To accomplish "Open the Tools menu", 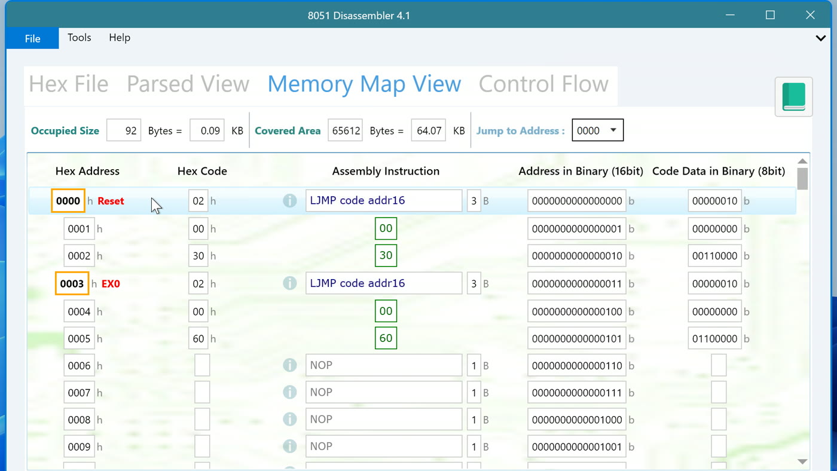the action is coord(79,38).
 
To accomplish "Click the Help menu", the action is coord(120,38).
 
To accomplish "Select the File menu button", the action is coord(32,38).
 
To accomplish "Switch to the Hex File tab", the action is coord(69,84).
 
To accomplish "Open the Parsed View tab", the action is coord(188,84).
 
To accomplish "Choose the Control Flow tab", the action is coord(543,84).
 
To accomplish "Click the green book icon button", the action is coord(794,97).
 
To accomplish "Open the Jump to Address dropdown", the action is coord(597,130).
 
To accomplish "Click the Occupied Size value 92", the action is coord(124,130).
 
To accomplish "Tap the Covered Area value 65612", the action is coord(346,130).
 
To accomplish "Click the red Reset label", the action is coord(111,201).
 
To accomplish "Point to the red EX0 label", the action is coord(111,284).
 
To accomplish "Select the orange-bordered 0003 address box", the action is coord(72,283).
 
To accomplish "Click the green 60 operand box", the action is coord(386,338).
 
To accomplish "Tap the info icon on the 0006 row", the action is coord(289,365).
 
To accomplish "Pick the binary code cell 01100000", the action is coord(715,339).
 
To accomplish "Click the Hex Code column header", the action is coord(202,171).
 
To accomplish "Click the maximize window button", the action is coord(770,15).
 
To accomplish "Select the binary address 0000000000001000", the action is coord(577,420).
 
